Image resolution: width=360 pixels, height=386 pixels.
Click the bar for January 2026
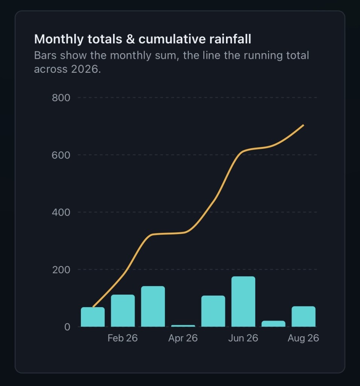93,317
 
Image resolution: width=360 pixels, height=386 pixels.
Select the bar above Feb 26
123,311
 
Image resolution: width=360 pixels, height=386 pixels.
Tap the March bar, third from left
153,306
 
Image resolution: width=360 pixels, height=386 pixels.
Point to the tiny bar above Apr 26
183,326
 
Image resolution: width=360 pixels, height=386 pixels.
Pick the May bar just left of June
213,311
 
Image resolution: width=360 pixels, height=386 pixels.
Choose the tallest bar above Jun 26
243,302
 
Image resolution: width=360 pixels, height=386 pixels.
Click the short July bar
273,324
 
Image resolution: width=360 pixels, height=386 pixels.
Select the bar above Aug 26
304,316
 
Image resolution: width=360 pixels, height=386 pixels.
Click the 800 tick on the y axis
61,98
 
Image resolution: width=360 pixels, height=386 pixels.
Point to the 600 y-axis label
61,155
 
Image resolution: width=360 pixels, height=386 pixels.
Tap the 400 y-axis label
61,212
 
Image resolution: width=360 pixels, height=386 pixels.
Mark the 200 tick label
61,270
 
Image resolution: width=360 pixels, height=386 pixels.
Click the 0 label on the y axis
67,327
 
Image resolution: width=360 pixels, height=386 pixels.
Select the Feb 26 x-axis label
122,338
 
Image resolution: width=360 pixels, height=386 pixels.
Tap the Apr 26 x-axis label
183,338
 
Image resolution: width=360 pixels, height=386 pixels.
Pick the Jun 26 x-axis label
243,338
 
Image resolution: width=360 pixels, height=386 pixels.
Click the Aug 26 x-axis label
303,338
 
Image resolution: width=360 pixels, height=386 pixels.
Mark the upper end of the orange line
304,125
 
